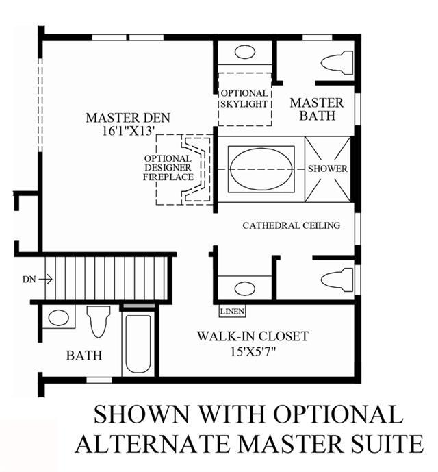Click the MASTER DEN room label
(x=128, y=118)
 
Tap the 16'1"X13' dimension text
(x=129, y=131)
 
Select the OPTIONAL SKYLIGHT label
(x=244, y=99)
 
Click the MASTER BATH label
(x=317, y=109)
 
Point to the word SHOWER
(x=328, y=169)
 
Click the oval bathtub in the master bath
(x=261, y=169)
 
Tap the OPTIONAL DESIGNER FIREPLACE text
(x=168, y=168)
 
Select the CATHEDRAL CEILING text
(x=291, y=225)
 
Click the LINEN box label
(x=232, y=311)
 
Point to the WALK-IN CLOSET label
(x=253, y=336)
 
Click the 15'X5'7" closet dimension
(x=253, y=351)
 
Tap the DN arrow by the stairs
(x=46, y=280)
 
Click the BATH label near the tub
(x=84, y=356)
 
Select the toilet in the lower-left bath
(x=99, y=321)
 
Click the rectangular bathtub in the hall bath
(x=138, y=344)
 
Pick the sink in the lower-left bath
(x=58, y=318)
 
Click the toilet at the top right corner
(x=337, y=63)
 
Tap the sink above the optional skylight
(x=245, y=52)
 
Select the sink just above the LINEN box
(x=244, y=288)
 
